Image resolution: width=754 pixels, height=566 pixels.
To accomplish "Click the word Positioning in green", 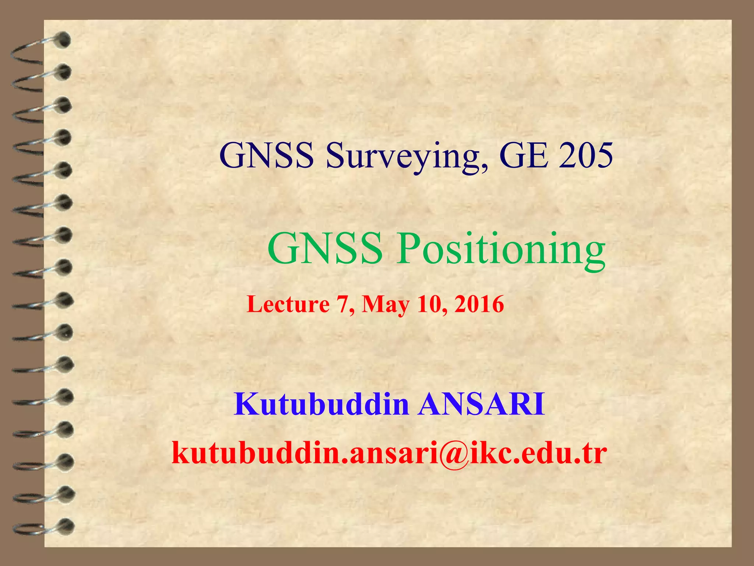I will [501, 249].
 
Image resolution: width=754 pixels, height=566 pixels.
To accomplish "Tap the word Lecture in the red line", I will [288, 305].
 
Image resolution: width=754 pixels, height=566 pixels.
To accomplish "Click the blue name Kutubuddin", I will [321, 405].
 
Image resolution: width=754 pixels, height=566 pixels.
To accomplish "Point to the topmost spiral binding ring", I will [40, 46].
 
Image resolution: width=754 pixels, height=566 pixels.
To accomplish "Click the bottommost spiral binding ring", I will [42, 526].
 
